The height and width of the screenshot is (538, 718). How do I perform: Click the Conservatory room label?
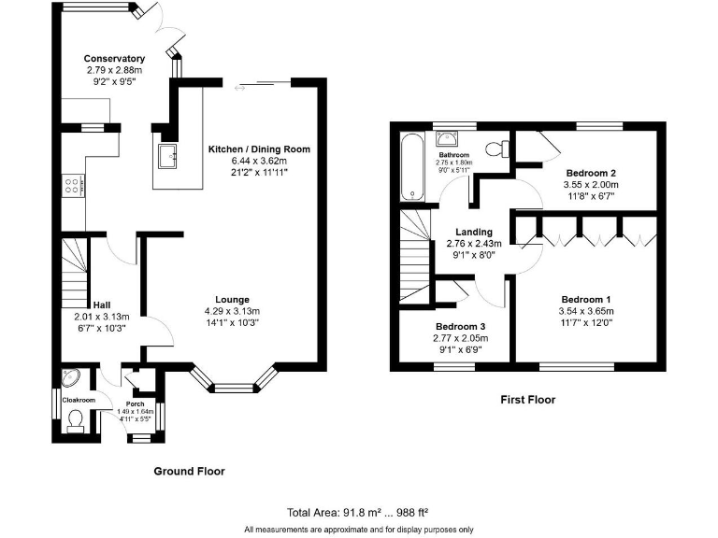114,59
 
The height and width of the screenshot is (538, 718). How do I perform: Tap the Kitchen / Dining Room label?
258,149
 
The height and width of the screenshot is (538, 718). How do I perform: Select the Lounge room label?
232,300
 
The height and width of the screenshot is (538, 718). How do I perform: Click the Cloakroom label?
79,400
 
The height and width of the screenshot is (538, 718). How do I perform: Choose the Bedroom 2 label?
591,173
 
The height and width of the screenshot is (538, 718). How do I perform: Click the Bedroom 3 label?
460,326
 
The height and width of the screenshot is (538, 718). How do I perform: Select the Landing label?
474,233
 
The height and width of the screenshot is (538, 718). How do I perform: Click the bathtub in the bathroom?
411,166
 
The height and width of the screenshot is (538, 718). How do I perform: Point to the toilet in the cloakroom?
76,423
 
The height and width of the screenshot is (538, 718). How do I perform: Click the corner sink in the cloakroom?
68,378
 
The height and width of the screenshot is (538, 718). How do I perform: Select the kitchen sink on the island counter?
168,157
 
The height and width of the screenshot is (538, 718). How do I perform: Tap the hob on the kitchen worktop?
71,184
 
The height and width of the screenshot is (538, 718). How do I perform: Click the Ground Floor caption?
189,472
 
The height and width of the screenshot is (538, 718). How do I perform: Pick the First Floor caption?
527,400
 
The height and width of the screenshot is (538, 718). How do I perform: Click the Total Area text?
359,512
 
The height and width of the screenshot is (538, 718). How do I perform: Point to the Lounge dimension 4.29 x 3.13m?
232,311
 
